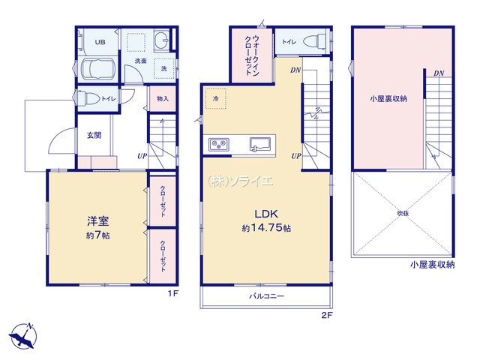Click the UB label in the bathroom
pos(100,41)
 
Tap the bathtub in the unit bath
pos(97,72)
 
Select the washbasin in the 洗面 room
pos(162,40)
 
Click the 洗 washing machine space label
pos(163,69)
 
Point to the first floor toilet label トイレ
pos(107,99)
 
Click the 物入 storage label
pos(163,99)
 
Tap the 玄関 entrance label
pos(93,136)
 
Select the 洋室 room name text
pos(95,221)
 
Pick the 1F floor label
pos(172,295)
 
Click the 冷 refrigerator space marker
pos(216,98)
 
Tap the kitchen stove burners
pos(218,143)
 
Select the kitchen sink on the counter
pos(262,142)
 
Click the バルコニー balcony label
pos(267,297)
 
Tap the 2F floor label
pos(327,315)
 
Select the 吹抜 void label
pos(403,214)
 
